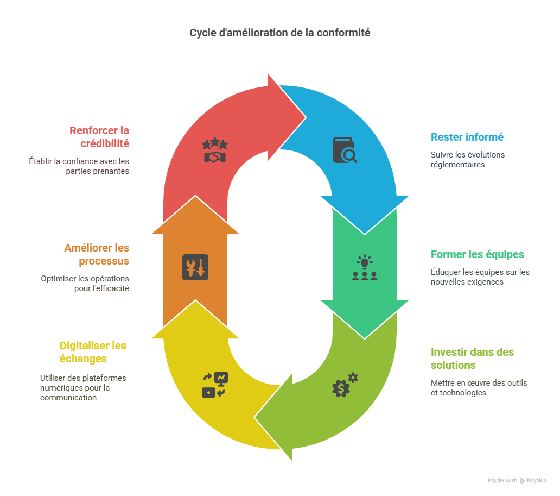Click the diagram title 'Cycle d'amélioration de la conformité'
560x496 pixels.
[279, 33]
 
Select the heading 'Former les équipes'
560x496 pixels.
[478, 254]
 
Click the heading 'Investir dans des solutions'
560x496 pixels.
[472, 359]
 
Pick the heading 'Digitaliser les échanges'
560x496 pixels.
[93, 352]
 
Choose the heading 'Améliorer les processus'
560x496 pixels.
[97, 254]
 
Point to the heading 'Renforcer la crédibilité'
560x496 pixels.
[99, 137]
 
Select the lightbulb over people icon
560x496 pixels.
[364, 268]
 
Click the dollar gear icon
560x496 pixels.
[345, 385]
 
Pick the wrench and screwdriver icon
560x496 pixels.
[195, 267]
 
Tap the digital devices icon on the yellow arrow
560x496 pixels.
[215, 385]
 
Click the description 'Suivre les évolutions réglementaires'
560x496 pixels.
[468, 159]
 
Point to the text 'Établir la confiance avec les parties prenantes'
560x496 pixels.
[79, 166]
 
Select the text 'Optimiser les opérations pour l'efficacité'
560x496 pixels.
[85, 284]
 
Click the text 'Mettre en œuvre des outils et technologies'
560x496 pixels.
[479, 387]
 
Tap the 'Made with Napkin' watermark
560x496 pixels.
[517, 481]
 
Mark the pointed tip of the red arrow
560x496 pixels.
[306, 117]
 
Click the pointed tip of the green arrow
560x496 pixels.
[365, 337]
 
